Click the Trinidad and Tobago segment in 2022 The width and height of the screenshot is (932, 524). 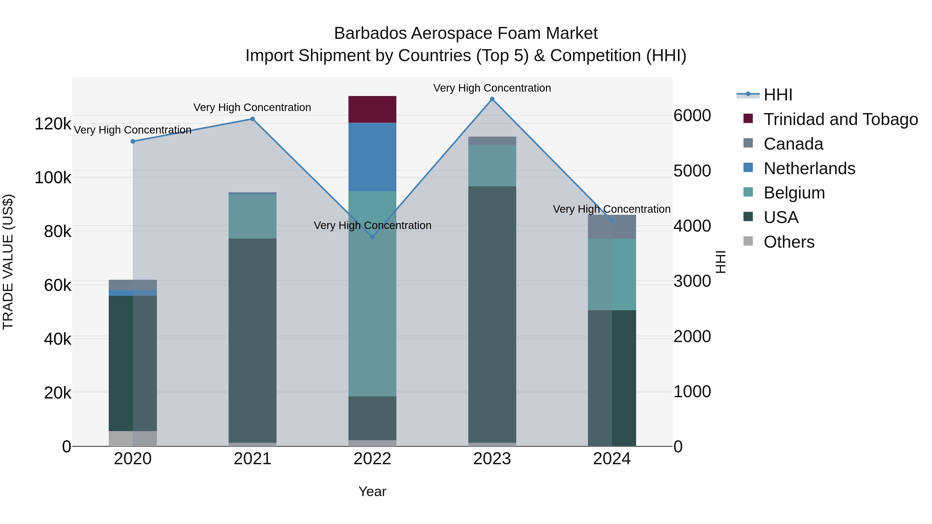pyautogui.click(x=372, y=109)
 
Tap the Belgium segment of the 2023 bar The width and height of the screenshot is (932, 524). pyautogui.click(x=492, y=165)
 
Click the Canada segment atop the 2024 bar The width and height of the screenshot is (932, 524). pyautogui.click(x=611, y=227)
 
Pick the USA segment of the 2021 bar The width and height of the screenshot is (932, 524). pyautogui.click(x=252, y=340)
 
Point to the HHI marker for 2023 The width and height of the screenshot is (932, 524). pyautogui.click(x=492, y=99)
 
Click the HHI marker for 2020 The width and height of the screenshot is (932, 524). pyautogui.click(x=133, y=141)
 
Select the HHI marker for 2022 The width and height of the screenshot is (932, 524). pyautogui.click(x=372, y=237)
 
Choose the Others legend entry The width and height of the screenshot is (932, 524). pyautogui.click(x=789, y=242)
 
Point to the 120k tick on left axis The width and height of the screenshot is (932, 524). pyautogui.click(x=53, y=124)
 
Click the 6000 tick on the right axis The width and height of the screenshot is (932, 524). pyautogui.click(x=692, y=116)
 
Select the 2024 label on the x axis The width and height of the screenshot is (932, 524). pyautogui.click(x=611, y=459)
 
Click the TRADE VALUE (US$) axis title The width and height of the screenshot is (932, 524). pyautogui.click(x=8, y=262)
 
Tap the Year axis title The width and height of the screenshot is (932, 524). pyautogui.click(x=372, y=491)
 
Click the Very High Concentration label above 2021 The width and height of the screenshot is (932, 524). pyautogui.click(x=252, y=107)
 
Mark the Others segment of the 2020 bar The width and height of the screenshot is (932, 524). pyautogui.click(x=133, y=438)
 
